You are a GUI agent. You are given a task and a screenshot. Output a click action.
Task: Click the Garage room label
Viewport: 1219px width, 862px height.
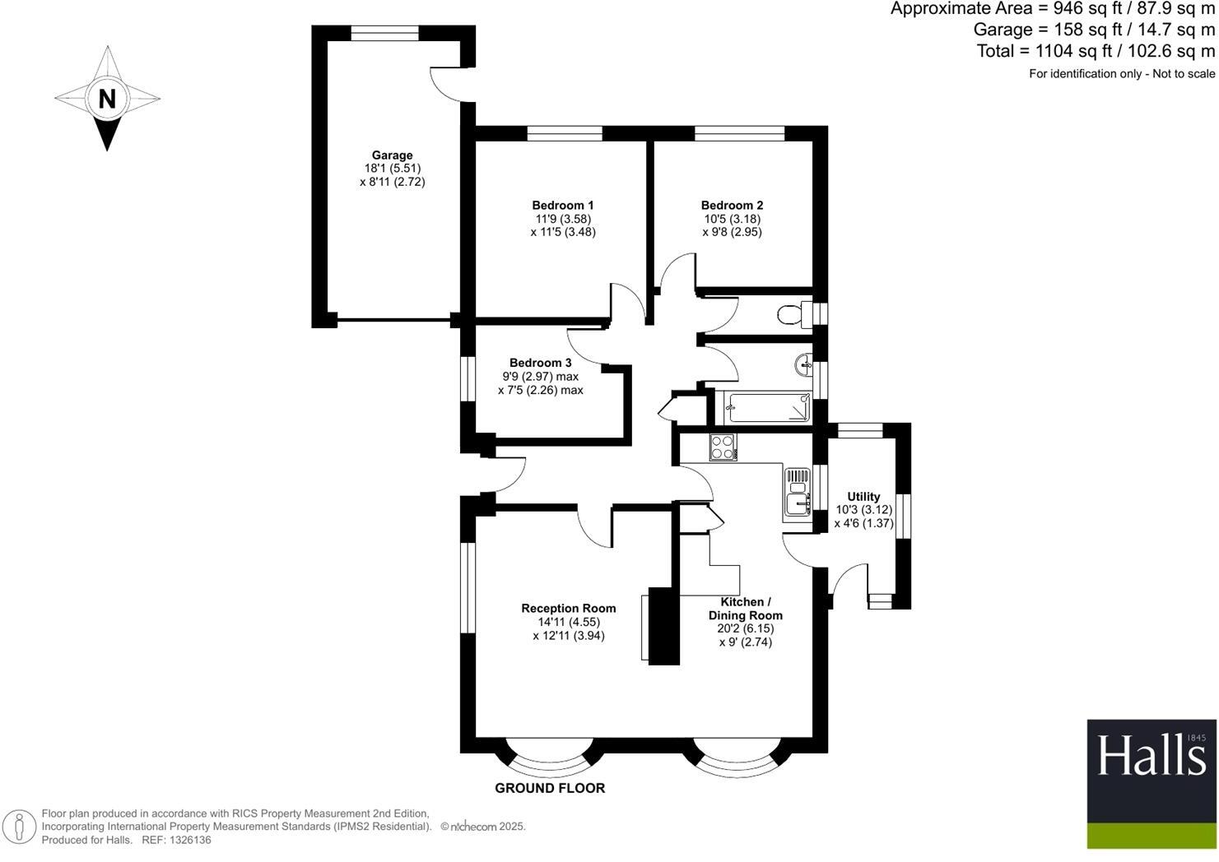coord(392,155)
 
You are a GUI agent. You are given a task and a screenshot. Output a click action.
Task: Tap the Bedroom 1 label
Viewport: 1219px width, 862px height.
coord(563,206)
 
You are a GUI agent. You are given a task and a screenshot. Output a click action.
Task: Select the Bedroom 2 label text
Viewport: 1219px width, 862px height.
coord(732,206)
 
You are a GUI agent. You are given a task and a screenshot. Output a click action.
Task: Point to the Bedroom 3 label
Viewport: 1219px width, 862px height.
coord(540,363)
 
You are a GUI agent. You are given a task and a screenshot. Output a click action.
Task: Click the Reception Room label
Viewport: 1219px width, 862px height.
coord(568,609)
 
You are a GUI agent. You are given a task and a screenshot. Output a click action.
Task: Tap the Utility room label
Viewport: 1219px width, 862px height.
coord(863,497)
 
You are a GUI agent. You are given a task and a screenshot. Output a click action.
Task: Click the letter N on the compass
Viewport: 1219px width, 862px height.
coord(107,99)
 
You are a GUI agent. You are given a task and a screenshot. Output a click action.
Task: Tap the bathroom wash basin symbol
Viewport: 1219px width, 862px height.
coord(803,363)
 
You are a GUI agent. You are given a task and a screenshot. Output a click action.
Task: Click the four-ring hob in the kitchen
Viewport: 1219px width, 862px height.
coord(723,447)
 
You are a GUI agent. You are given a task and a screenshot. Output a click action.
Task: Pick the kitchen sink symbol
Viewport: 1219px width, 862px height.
coord(797,492)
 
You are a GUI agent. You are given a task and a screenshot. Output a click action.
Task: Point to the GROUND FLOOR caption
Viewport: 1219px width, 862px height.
coord(550,788)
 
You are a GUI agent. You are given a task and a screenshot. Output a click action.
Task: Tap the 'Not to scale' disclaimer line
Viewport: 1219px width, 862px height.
coord(1121,74)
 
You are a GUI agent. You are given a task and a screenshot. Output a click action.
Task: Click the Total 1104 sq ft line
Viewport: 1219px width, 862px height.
coord(1095,51)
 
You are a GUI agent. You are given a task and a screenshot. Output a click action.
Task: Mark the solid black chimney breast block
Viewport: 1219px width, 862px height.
coord(664,625)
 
